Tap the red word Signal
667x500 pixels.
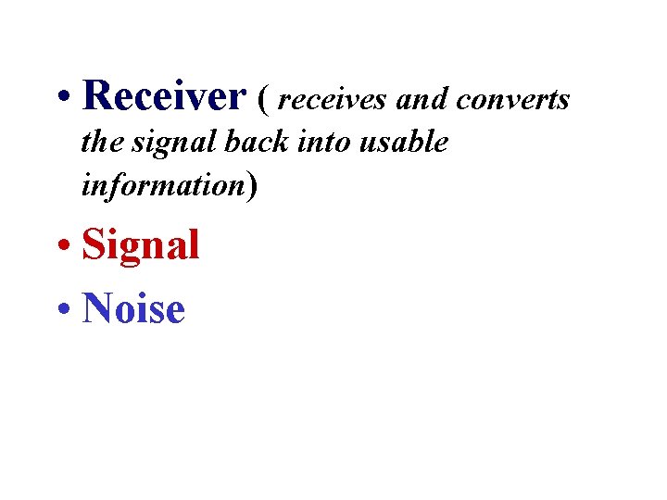click(141, 246)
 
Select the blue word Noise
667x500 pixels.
click(133, 309)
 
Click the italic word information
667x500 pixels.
click(162, 185)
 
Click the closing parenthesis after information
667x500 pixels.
click(251, 186)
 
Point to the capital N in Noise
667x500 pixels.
click(96, 309)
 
